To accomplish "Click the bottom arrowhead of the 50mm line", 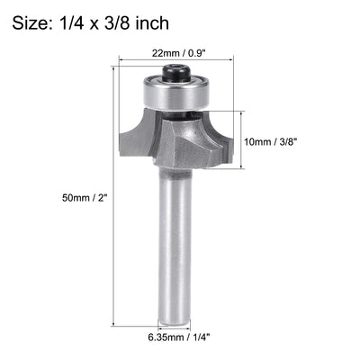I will point(114,322).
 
